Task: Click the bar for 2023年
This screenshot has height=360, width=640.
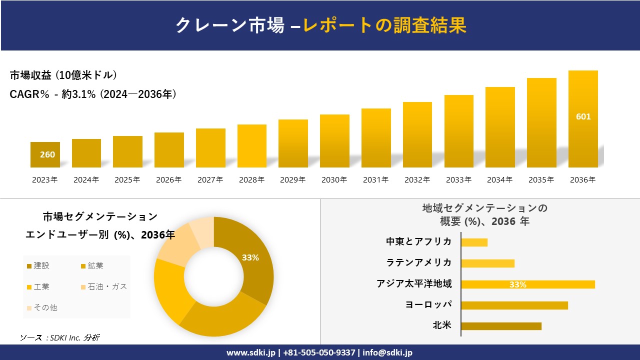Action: coord(45,154)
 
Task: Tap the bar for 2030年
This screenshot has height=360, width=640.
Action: coord(334,141)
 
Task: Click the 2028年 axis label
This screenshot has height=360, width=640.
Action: coord(251,180)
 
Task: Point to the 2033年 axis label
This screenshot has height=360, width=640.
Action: coord(458,180)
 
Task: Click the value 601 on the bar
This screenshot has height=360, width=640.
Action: coord(583,116)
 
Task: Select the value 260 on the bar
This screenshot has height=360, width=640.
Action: coord(47,154)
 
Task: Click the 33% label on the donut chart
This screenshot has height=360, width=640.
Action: coord(250,257)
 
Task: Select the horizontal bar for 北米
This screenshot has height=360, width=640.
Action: coord(501,326)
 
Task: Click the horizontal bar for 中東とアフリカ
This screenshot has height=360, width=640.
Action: coord(474,242)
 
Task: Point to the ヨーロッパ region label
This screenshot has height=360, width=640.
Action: coord(428,304)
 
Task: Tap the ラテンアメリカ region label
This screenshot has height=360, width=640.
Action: coord(418,262)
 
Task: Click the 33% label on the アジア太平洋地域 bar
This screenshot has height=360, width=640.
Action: coord(517,284)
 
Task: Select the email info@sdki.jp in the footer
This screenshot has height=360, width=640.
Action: coord(387,352)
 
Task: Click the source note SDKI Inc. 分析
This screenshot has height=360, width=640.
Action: coord(60,337)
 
